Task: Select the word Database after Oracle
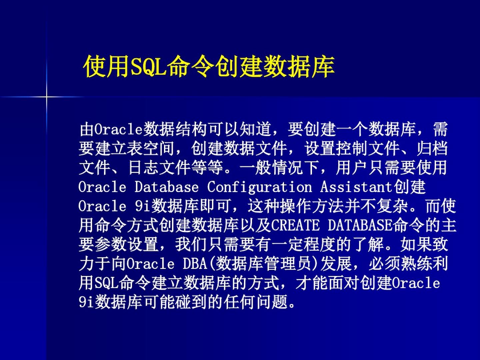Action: tap(167, 187)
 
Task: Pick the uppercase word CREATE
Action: tap(295, 225)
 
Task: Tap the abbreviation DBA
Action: tap(195, 264)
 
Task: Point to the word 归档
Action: tap(432, 148)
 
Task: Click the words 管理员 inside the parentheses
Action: tap(288, 264)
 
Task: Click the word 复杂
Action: tap(392, 206)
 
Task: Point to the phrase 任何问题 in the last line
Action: tap(255, 302)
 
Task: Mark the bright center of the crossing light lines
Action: tap(46, 96)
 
